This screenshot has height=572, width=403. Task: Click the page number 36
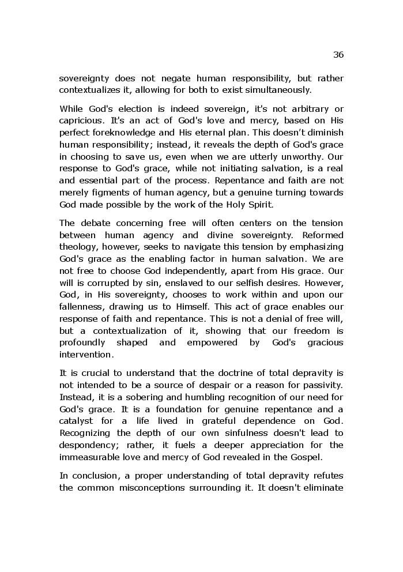click(338, 55)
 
